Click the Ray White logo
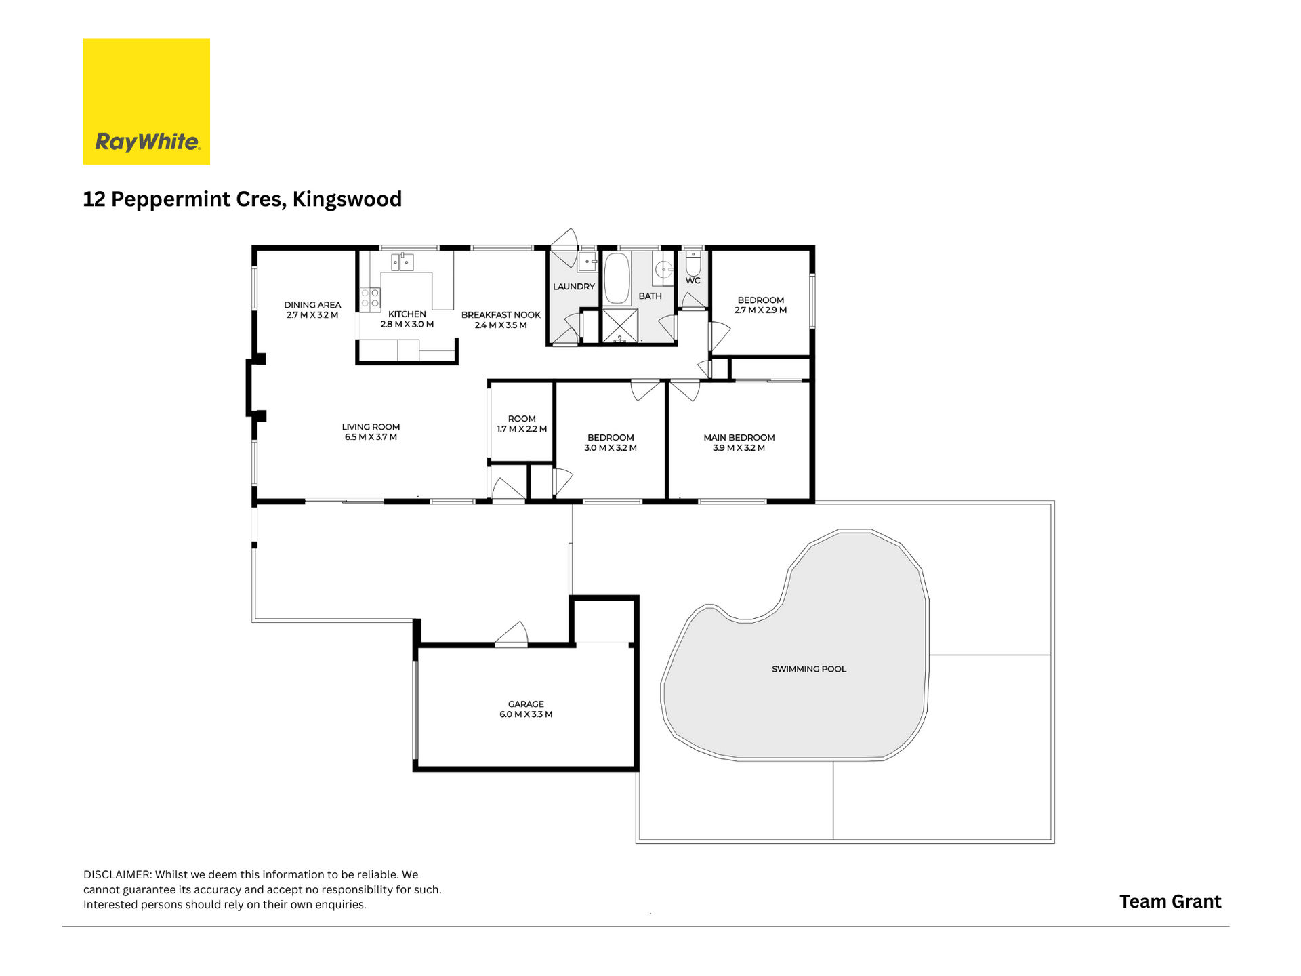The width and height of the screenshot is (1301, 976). coord(146,101)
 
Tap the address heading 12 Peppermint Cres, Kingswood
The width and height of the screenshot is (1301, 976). coord(243,199)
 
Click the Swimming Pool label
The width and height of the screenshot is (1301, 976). coord(809,669)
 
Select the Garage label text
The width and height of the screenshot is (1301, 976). coord(526,704)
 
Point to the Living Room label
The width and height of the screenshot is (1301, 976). coord(371,427)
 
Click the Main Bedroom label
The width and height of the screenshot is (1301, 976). coord(739,438)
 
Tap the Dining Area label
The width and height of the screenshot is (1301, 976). coord(312,305)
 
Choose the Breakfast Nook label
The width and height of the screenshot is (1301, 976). coord(501,315)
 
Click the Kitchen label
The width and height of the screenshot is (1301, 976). coord(407,314)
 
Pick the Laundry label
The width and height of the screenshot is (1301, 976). coord(574,287)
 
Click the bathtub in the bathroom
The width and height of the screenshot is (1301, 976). coord(617,278)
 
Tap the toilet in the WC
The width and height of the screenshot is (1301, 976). coord(693,262)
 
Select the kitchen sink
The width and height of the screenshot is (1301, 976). coord(402,262)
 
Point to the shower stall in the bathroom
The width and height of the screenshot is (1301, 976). coord(620,326)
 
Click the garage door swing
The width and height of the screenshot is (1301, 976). coord(512,633)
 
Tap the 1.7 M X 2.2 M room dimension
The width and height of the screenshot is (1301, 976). coord(522,429)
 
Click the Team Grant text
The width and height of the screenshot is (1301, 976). coord(1170,901)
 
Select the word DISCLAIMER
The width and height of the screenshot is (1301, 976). coord(117,875)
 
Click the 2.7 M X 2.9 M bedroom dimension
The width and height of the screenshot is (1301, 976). coord(761,310)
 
